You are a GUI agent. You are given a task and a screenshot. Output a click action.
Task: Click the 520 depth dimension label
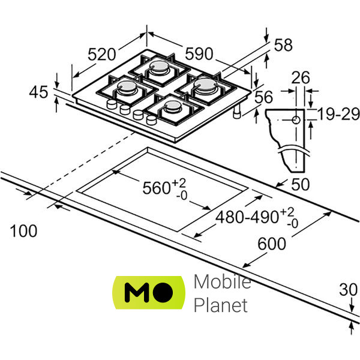tap(102, 55)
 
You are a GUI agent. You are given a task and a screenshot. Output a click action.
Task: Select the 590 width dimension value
tap(199, 54)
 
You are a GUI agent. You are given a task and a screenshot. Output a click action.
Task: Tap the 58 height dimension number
tap(283, 45)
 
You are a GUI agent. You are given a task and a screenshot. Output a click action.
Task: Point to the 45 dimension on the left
tap(38, 92)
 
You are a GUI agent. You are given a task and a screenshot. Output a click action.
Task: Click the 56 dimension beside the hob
tap(263, 97)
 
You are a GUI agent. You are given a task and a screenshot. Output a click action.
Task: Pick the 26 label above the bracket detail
tap(301, 77)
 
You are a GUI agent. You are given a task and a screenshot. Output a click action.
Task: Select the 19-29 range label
tap(338, 114)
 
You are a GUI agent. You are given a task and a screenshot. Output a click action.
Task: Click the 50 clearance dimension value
tap(301, 184)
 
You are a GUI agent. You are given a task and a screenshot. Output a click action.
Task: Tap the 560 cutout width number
tap(156, 188)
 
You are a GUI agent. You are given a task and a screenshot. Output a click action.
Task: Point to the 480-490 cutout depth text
tap(247, 217)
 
